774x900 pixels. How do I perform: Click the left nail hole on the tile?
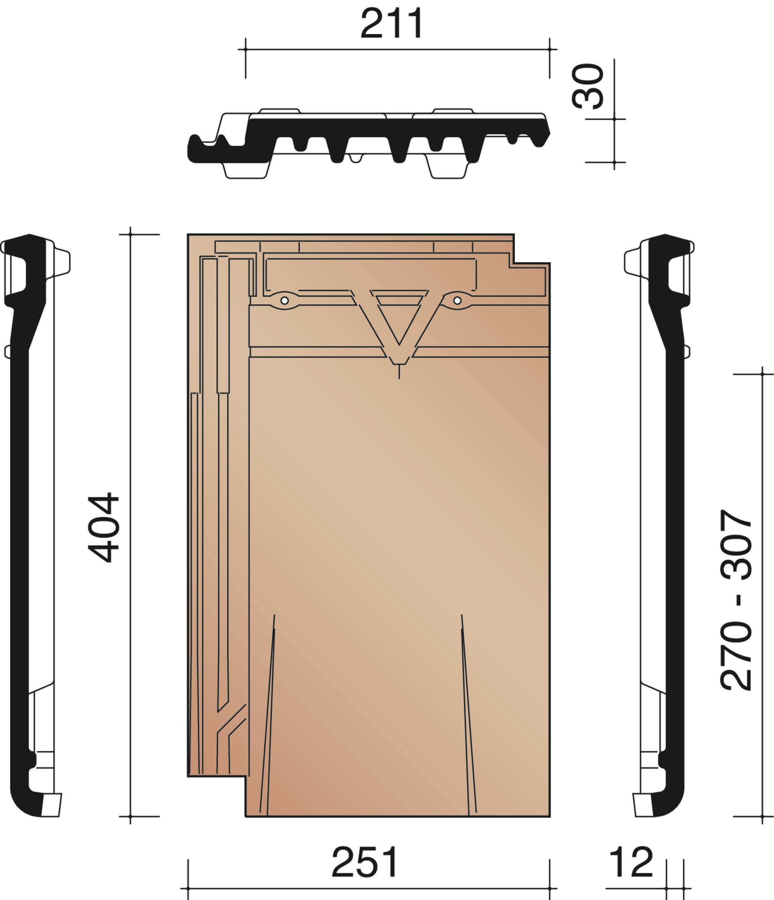tap(284, 300)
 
